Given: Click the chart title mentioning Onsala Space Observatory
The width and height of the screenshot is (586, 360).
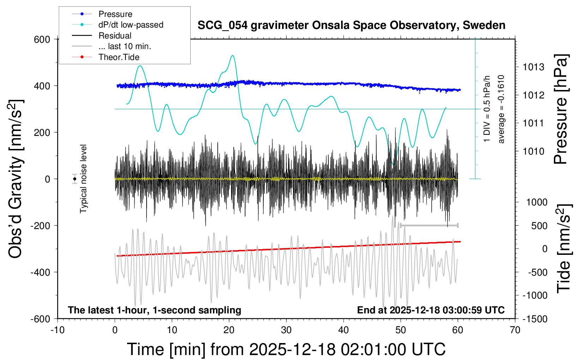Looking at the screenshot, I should (x=351, y=25).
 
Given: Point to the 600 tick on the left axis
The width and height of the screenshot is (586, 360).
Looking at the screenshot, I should (x=42, y=40).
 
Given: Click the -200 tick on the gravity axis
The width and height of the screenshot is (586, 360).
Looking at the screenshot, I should (x=40, y=226).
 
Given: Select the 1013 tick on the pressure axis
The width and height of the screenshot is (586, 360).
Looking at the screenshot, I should (x=533, y=67).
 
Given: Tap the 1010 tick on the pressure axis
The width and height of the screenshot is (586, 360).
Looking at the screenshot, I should (x=533, y=151).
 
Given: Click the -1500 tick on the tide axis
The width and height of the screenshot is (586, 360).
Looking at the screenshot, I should (x=535, y=319).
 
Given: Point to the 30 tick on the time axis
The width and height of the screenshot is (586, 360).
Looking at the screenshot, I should (x=286, y=330).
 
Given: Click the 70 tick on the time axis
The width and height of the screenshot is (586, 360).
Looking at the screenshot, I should (x=515, y=330).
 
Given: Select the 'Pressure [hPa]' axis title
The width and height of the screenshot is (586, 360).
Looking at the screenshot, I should (x=561, y=109).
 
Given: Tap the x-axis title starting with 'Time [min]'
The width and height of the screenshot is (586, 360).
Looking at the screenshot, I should (x=286, y=349).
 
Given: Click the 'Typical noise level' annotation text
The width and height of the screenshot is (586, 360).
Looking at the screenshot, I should (x=83, y=179).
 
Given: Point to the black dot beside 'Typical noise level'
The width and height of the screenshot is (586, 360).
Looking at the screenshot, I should (x=74, y=179).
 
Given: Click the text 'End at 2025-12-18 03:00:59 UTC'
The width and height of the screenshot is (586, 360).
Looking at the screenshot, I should (x=431, y=310).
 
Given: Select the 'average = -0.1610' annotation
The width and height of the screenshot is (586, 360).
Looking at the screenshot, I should (x=501, y=109).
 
